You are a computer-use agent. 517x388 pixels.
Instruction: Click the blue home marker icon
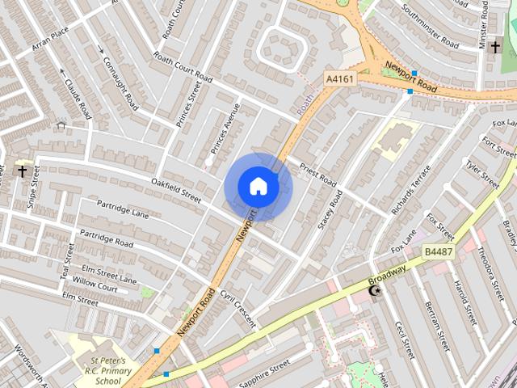tap(258, 187)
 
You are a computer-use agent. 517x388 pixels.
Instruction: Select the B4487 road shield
tap(439, 251)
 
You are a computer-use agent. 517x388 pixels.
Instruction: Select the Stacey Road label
tap(330, 210)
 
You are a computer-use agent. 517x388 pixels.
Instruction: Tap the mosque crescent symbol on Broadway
tap(373, 291)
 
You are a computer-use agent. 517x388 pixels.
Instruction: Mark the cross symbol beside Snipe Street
tap(22, 171)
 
